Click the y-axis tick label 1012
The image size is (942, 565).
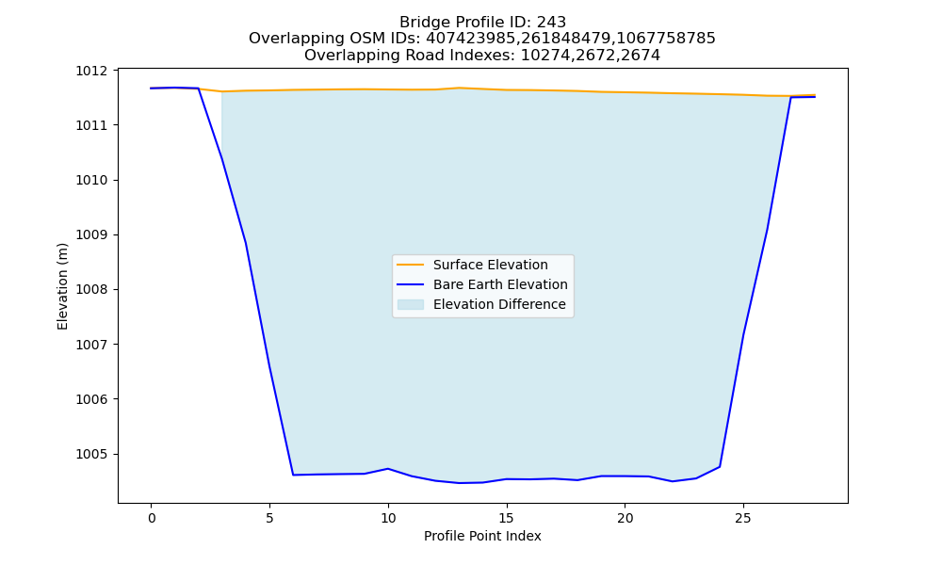click(91, 71)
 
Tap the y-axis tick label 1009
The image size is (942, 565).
click(91, 234)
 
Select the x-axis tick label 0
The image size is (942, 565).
click(152, 518)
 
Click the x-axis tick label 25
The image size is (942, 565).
click(743, 518)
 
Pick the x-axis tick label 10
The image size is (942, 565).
click(388, 518)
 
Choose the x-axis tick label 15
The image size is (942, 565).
click(507, 518)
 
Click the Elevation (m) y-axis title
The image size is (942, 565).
click(62, 286)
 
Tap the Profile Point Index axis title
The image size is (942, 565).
click(482, 536)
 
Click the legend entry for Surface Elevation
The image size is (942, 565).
click(490, 265)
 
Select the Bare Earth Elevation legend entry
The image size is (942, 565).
click(500, 284)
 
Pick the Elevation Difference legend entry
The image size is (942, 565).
click(499, 304)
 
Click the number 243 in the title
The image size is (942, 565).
click(551, 23)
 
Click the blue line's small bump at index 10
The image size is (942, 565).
click(388, 468)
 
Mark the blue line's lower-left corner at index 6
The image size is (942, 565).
click(293, 475)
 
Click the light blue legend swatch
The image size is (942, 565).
click(411, 304)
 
